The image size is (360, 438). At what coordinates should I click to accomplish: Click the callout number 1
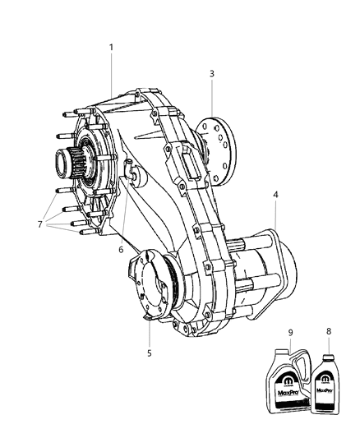tap(111, 47)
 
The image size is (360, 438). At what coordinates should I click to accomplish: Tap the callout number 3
tap(211, 74)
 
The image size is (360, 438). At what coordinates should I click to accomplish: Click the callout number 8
tap(329, 331)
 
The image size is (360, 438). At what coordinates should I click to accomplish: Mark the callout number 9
tap(290, 331)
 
